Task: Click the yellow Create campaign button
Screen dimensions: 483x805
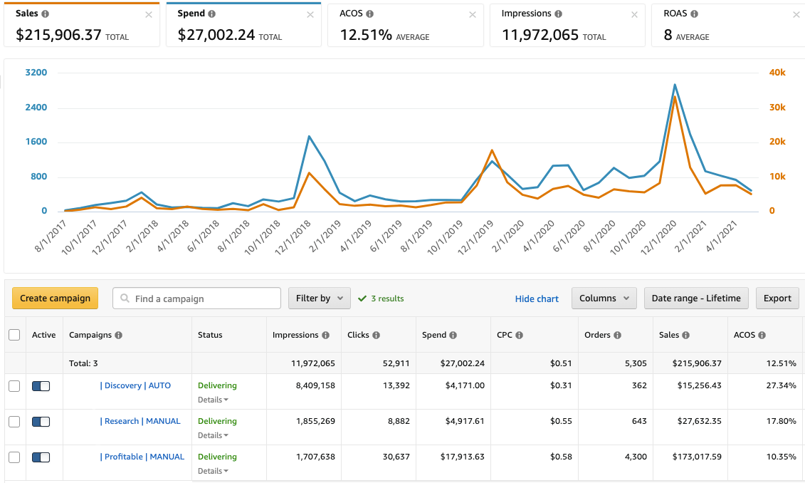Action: (x=55, y=298)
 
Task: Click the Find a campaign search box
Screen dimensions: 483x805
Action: (x=196, y=298)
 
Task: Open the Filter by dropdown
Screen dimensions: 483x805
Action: (x=319, y=298)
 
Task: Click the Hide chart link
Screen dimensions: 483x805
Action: (x=537, y=298)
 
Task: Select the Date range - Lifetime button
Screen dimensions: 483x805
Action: (x=695, y=298)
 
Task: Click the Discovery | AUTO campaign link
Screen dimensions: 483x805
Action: (x=136, y=385)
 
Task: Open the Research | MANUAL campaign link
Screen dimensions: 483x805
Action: (x=140, y=421)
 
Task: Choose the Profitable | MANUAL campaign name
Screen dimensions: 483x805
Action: (x=142, y=457)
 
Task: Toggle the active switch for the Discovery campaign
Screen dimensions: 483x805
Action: (x=41, y=385)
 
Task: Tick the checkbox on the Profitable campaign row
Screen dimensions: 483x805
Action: (x=14, y=457)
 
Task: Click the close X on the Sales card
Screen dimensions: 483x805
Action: (x=148, y=14)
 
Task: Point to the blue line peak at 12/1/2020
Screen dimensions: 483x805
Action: (x=674, y=85)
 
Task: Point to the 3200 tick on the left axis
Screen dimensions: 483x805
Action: (x=36, y=73)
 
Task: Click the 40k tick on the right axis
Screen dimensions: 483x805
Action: (x=777, y=73)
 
